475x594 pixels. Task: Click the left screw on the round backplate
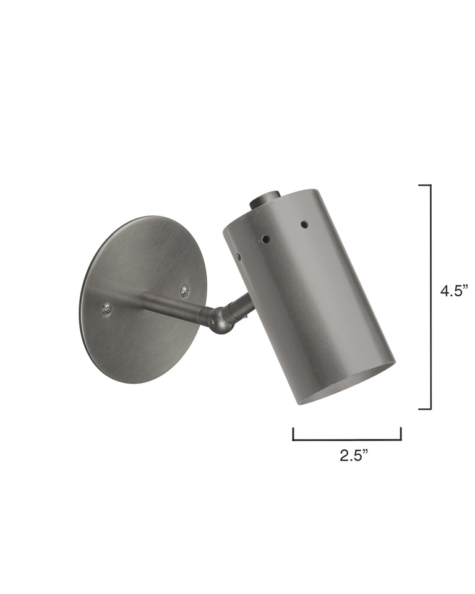click(107, 308)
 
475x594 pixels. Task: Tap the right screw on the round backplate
click(184, 291)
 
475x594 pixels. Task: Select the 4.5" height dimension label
click(455, 291)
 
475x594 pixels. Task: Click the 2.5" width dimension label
click(354, 456)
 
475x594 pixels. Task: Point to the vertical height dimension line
click(430, 297)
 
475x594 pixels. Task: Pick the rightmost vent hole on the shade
click(304, 224)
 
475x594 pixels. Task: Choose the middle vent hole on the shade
click(265, 239)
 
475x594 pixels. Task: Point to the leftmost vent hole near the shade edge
click(237, 256)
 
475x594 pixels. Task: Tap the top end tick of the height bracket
click(424, 185)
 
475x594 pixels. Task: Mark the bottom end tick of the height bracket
click(424, 409)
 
